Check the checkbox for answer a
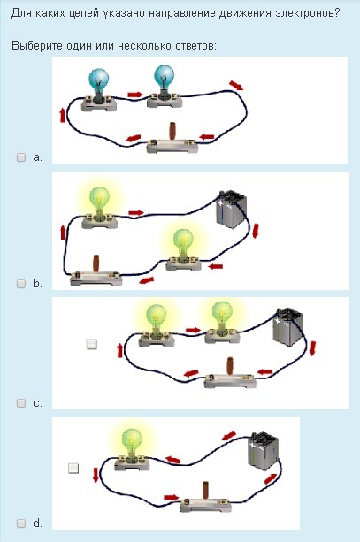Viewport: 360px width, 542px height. tap(21, 157)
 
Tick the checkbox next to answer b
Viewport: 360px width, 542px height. tap(21, 284)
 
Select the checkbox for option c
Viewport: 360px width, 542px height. tap(21, 403)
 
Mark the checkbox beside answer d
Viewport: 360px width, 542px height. tap(21, 523)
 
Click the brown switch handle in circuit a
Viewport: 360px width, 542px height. tap(172, 131)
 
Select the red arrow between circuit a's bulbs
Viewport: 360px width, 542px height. tap(134, 95)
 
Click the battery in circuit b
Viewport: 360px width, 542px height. tap(232, 210)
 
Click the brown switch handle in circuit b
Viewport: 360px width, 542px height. tap(96, 263)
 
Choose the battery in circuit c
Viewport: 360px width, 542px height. tap(288, 327)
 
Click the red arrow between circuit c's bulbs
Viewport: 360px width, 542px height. tap(193, 330)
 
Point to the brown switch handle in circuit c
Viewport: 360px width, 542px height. tap(230, 366)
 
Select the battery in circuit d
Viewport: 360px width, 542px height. tap(264, 451)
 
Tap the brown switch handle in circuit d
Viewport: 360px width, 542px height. tap(205, 490)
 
